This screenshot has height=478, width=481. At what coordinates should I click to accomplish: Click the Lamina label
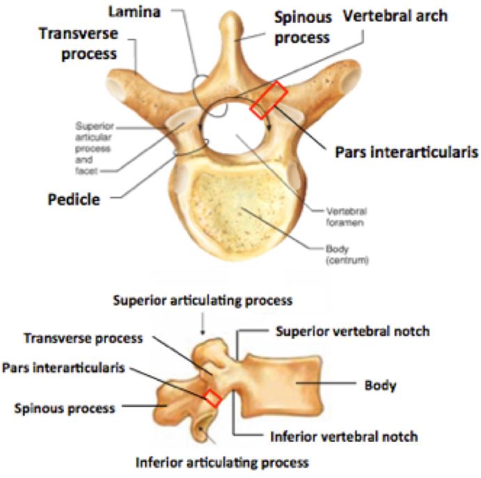pos(134,12)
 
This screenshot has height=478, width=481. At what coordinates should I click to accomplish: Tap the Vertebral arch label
pos(395,16)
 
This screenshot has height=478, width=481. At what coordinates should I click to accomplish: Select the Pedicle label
pos(74,200)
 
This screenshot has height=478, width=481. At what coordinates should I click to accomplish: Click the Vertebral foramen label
pos(347,217)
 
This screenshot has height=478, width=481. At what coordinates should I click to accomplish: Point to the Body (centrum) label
pos(347,255)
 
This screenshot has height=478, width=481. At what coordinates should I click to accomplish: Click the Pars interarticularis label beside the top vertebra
pos(407,152)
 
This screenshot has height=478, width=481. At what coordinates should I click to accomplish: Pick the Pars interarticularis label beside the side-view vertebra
pos(63,367)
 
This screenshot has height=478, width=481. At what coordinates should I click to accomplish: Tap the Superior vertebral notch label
pos(352,331)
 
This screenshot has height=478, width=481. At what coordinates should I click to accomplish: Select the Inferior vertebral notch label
pos(344,437)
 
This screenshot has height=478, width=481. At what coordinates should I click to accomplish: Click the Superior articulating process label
pos(203,301)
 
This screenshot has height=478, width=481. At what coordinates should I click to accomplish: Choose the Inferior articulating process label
pos(222,463)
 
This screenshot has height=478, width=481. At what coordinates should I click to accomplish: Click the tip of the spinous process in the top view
pos(231,13)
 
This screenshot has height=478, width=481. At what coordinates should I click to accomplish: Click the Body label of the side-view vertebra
pos(380,385)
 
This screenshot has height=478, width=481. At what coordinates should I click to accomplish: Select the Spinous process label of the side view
pos(65,408)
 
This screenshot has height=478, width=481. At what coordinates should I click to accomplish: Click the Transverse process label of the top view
pos(79,44)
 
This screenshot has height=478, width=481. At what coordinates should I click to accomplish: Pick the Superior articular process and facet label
pos(93,148)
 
